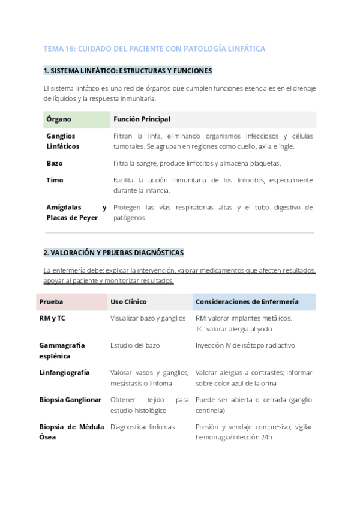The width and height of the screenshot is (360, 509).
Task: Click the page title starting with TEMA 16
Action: (x=154, y=48)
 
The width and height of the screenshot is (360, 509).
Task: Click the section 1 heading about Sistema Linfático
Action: (x=128, y=71)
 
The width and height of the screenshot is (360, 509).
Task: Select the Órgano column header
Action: (x=59, y=119)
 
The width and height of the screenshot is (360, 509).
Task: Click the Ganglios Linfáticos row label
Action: (x=63, y=141)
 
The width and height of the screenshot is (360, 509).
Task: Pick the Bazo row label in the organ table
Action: (x=55, y=163)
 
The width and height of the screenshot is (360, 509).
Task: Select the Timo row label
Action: (x=55, y=180)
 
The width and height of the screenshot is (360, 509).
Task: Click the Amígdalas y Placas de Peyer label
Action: (x=76, y=212)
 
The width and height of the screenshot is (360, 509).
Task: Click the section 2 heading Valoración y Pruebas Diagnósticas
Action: (x=113, y=252)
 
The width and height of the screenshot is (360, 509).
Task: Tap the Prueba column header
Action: (x=51, y=301)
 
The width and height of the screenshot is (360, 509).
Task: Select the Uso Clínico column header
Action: (x=128, y=301)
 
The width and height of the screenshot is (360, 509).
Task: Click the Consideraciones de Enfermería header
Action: (x=247, y=301)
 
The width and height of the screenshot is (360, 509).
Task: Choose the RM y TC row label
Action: (x=52, y=318)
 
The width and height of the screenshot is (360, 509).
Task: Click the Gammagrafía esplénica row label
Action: (x=62, y=351)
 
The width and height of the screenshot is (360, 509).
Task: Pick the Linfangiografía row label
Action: (x=64, y=372)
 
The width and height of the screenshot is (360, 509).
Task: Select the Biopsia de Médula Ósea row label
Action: (x=71, y=432)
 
